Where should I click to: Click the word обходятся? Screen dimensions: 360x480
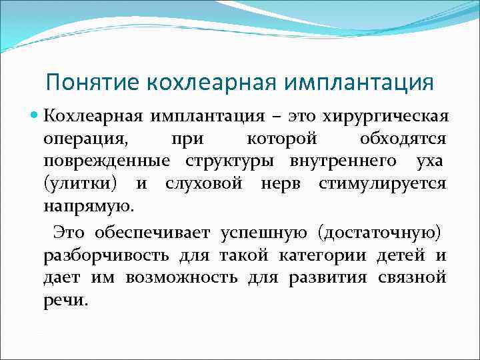(403, 139)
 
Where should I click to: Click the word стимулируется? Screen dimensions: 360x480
(383, 183)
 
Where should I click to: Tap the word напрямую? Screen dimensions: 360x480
(88, 206)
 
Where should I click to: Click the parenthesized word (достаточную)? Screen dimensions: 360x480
(379, 233)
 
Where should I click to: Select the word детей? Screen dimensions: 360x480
(394, 255)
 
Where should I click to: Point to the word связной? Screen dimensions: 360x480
(413, 277)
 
